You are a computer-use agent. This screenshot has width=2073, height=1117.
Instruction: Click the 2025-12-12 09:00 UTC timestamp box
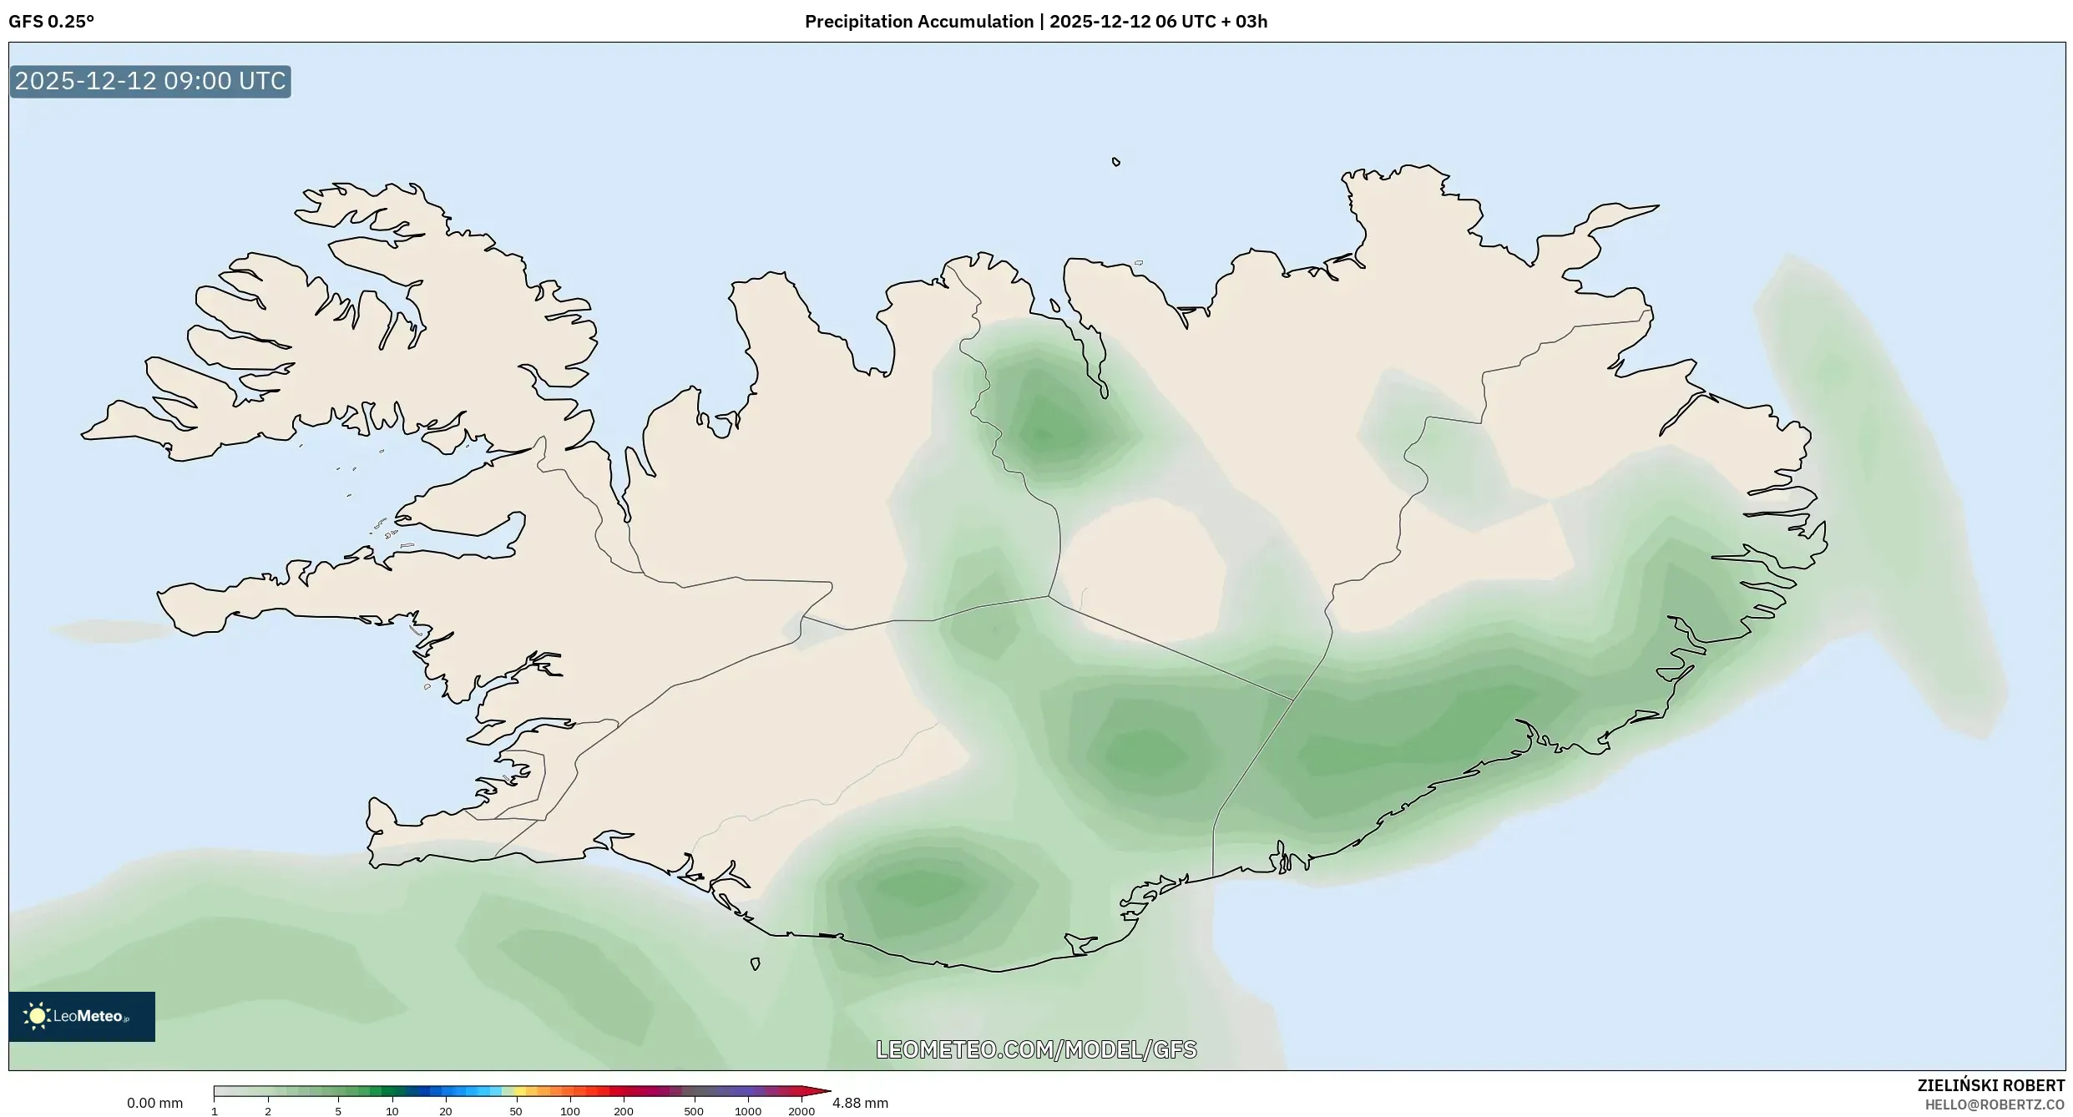[x=150, y=82]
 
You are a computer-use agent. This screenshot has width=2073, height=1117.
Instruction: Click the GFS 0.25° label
[x=51, y=22]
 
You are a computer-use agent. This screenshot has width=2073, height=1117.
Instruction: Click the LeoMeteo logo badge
[x=82, y=1016]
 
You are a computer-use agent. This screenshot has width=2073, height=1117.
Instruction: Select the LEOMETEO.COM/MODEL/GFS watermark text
[x=1036, y=1049]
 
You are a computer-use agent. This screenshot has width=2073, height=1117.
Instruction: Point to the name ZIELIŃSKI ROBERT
[x=1990, y=1085]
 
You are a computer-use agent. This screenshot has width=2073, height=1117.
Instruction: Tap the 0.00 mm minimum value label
[x=154, y=1103]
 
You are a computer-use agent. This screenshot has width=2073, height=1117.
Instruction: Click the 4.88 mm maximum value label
[x=860, y=1103]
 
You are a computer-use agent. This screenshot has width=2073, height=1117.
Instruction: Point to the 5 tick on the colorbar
[x=338, y=1111]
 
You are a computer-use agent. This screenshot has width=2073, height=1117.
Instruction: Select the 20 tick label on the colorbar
[x=446, y=1111]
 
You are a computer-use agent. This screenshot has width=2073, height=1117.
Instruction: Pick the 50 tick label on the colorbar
[x=516, y=1111]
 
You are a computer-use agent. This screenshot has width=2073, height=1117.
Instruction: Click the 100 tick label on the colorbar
[x=570, y=1111]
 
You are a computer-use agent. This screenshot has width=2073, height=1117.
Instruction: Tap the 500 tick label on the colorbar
[x=694, y=1111]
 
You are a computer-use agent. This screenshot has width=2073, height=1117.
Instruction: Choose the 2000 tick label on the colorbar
[x=801, y=1111]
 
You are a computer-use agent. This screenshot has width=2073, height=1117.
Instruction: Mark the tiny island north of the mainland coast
[x=1116, y=162]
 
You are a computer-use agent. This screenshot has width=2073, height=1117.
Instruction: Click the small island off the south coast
[x=756, y=964]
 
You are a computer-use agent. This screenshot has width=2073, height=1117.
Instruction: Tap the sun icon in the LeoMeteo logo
[x=37, y=1016]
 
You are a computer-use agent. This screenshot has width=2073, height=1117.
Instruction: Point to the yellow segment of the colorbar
[x=519, y=1091]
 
